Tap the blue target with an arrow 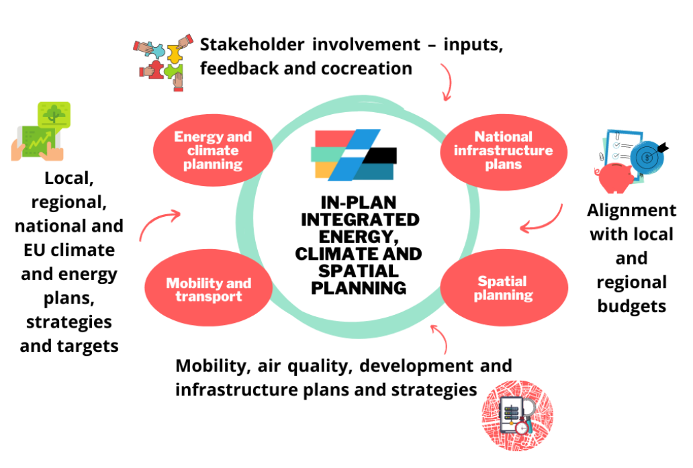coord(649,156)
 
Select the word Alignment coord(631,210)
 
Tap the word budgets coord(631,306)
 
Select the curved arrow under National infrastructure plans coord(543,218)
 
